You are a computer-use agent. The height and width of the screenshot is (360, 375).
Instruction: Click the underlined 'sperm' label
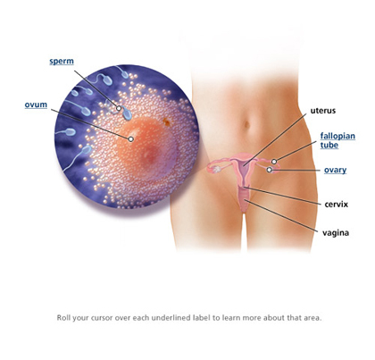click(62, 62)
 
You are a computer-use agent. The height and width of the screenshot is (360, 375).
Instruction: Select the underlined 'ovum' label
click(36, 105)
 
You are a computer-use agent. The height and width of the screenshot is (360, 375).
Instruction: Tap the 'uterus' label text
click(323, 111)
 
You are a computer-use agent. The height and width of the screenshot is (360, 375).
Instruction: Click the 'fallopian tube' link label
click(337, 140)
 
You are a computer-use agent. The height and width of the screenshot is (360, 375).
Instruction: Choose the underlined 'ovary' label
click(335, 170)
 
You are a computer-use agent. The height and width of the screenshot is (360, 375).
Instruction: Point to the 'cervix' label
click(337, 205)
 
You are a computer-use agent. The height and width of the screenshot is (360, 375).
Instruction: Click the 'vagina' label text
click(336, 232)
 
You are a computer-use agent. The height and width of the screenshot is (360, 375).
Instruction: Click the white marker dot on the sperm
click(119, 108)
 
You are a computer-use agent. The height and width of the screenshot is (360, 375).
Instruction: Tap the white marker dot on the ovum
click(130, 139)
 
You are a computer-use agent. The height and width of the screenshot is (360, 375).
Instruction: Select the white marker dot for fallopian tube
click(274, 162)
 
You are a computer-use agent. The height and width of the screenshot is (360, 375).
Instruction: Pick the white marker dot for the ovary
click(270, 170)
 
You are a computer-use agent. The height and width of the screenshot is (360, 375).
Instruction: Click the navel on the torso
click(246, 124)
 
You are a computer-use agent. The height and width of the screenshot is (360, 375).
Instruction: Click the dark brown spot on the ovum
click(167, 121)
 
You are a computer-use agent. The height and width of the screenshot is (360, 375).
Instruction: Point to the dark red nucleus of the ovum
click(153, 155)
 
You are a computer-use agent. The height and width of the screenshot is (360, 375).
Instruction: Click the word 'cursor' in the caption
click(102, 318)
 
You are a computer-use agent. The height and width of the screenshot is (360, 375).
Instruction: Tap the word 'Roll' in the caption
click(63, 318)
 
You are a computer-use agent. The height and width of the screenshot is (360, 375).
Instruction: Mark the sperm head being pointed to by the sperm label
click(128, 114)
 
